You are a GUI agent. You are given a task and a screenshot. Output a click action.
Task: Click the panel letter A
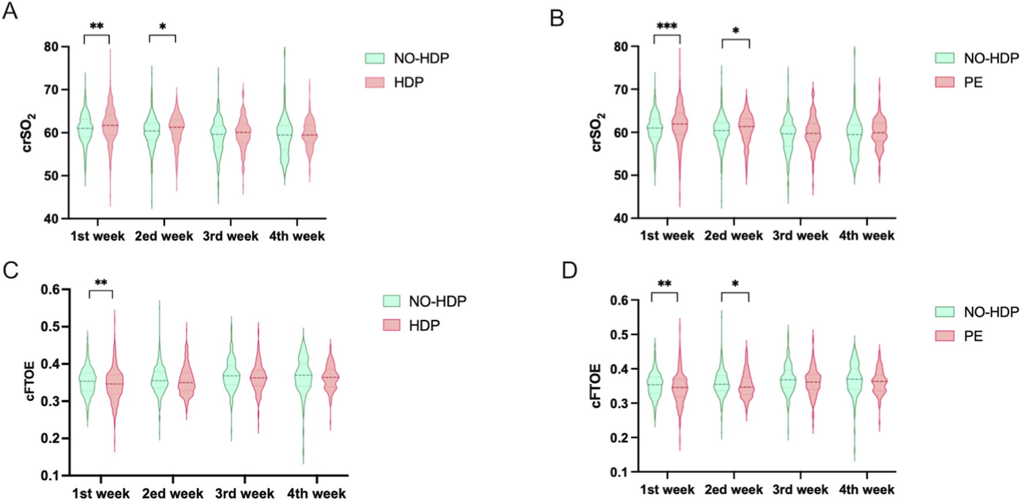[x=10, y=11]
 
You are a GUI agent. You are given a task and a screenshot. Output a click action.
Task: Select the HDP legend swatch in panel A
[x=375, y=82]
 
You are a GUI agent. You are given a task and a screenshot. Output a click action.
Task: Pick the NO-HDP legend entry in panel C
[x=437, y=301]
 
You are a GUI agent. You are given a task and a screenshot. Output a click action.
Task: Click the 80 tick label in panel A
[x=51, y=47]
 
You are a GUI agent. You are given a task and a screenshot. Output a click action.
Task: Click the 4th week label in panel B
[x=866, y=236]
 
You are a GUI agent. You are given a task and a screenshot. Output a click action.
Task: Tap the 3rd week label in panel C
[x=244, y=494]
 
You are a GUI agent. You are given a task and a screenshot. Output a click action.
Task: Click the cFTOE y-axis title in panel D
[x=596, y=386]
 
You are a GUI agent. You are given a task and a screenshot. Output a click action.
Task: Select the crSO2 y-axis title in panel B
[x=597, y=132]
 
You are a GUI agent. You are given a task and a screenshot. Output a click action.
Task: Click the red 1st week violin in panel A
[x=109, y=127]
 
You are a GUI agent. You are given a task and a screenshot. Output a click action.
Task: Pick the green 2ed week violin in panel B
[x=721, y=130]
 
